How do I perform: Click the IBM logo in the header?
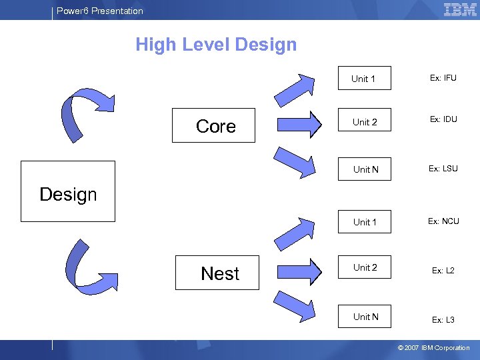click(460, 9)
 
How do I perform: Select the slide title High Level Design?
click(216, 45)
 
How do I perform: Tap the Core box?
click(213, 125)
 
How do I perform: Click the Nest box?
click(217, 273)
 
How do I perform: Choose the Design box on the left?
click(68, 191)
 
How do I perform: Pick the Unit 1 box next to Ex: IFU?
click(364, 79)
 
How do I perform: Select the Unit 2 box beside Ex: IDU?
click(365, 122)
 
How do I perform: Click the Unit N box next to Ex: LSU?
click(365, 169)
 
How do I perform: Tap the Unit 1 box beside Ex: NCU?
click(365, 222)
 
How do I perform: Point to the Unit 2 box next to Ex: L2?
click(365, 268)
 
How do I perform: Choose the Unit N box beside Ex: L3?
click(365, 317)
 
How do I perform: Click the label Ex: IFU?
click(443, 78)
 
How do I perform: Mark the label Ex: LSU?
click(443, 168)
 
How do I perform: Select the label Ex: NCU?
click(443, 221)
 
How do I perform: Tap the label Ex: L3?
click(443, 320)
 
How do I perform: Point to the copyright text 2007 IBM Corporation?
click(433, 348)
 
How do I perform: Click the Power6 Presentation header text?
click(100, 11)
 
